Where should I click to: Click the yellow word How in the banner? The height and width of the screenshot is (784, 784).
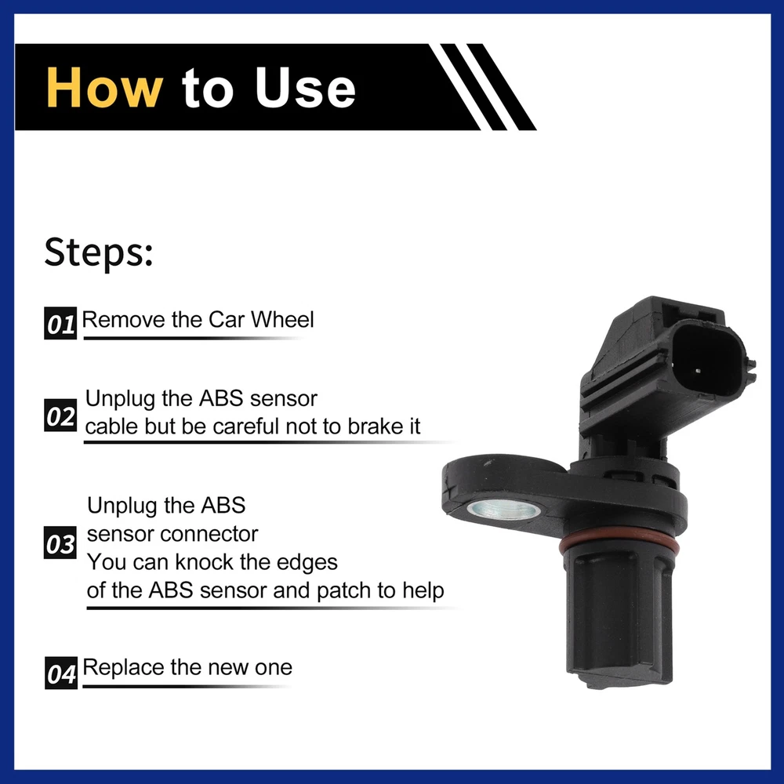pyautogui.click(x=104, y=88)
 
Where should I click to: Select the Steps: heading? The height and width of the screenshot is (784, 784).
pyautogui.click(x=99, y=252)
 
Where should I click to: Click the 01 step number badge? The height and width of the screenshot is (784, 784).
pyautogui.click(x=60, y=324)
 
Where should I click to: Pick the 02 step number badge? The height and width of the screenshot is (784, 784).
pyautogui.click(x=60, y=416)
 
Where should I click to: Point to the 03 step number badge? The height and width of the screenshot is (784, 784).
pyautogui.click(x=60, y=543)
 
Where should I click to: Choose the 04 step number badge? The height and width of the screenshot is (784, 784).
pyautogui.click(x=61, y=673)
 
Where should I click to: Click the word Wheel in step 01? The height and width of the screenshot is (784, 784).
pyautogui.click(x=282, y=320)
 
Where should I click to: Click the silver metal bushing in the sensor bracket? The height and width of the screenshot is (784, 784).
pyautogui.click(x=503, y=510)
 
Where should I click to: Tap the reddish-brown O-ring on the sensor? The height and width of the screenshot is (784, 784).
pyautogui.click(x=619, y=545)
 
